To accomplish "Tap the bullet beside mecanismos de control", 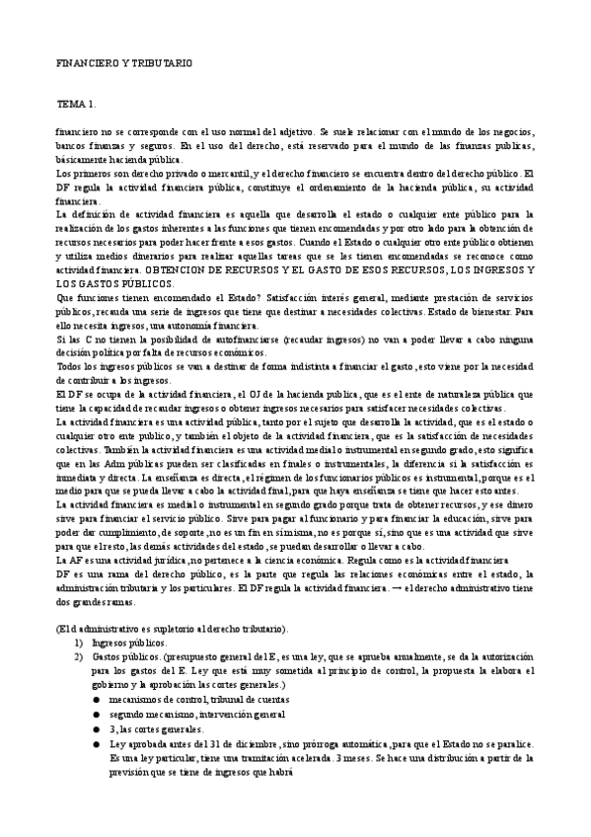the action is click(97, 695).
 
